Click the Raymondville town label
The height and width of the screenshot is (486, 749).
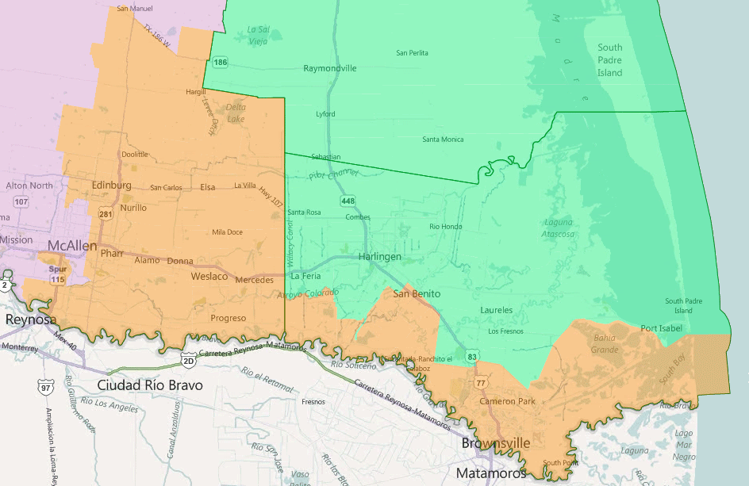330,68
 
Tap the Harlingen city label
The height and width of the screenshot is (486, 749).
379,257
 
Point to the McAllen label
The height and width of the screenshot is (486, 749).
72,246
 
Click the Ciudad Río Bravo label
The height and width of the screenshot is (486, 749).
150,385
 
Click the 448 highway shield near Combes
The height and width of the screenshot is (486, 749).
348,201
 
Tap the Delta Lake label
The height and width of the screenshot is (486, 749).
236,113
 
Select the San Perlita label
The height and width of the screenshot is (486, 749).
412,52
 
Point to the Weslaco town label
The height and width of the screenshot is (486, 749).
209,276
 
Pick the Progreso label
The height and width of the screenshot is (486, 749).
229,318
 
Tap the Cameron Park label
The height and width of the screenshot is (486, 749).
507,401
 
